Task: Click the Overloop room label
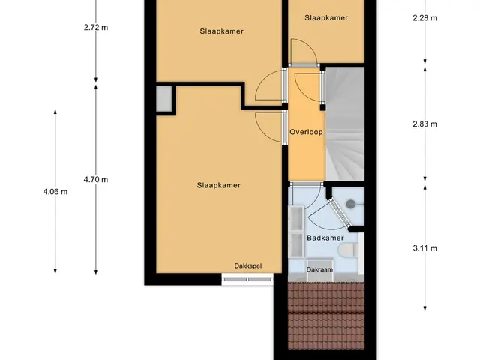coord(306,132)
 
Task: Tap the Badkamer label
coord(325,238)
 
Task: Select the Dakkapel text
coord(248,266)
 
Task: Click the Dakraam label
coord(319,270)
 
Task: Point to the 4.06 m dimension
coord(55,192)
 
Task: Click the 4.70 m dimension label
coord(96,180)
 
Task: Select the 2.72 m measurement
coord(96,28)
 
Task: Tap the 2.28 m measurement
coord(425,18)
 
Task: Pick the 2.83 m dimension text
coord(425,124)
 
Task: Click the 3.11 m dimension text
coord(425,248)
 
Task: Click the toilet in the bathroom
coord(349,250)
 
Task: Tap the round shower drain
coord(350,204)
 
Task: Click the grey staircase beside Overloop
coord(345,124)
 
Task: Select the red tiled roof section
coord(326,316)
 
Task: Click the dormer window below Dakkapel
coord(247,279)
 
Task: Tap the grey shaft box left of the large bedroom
coord(163,98)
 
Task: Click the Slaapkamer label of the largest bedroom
coord(218,185)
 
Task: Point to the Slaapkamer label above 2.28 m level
coord(326,18)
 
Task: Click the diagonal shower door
coord(339,213)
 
